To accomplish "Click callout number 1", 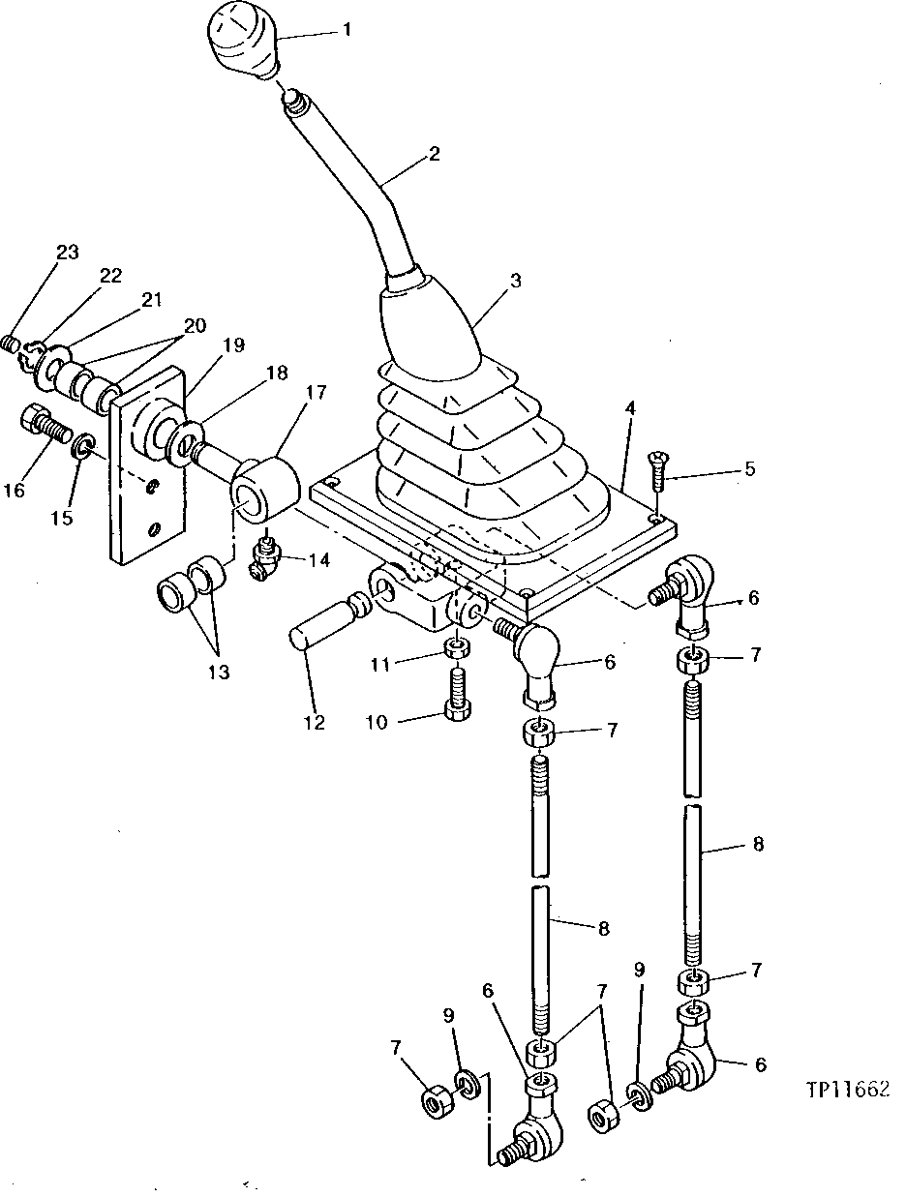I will pyautogui.click(x=347, y=30).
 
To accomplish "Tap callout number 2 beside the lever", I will pyautogui.click(x=435, y=154).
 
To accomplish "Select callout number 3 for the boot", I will pyautogui.click(x=515, y=281).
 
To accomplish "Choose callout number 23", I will pyautogui.click(x=66, y=253).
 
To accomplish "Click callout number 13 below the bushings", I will pyautogui.click(x=219, y=673).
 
